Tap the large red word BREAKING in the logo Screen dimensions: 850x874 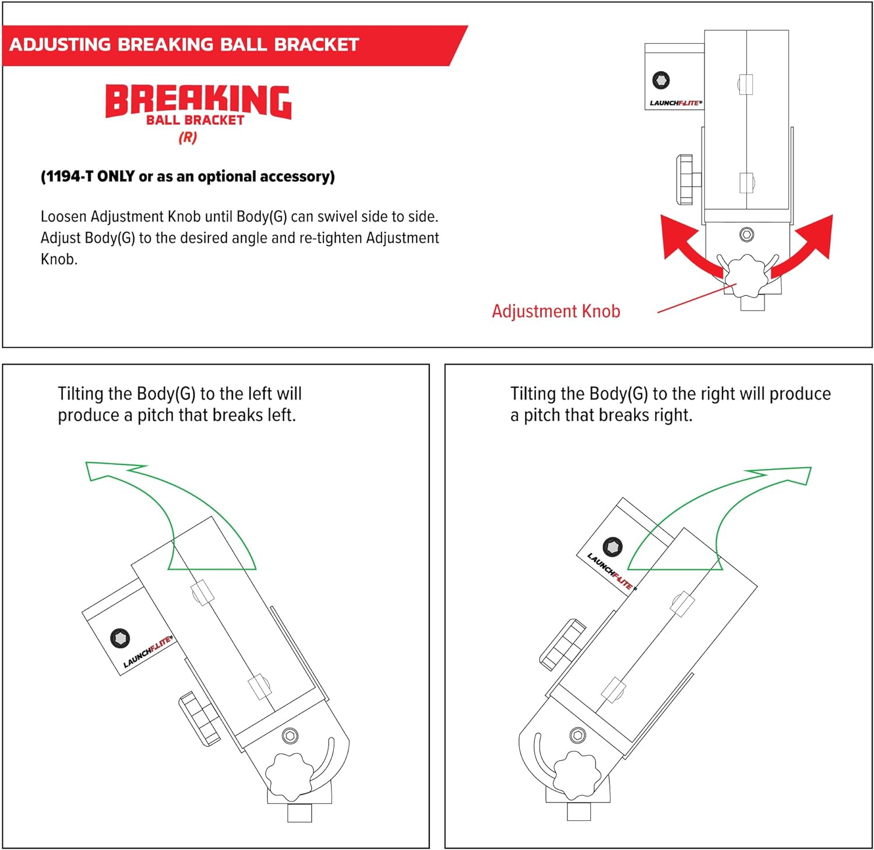point(198,101)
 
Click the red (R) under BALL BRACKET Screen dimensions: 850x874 point(188,137)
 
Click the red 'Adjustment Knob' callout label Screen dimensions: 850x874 point(556,311)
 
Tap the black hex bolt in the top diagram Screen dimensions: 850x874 point(661,80)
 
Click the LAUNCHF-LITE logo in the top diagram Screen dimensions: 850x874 point(675,103)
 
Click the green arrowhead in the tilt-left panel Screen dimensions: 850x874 point(111,470)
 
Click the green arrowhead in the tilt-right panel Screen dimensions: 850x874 point(787,474)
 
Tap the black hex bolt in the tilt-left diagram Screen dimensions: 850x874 point(120,638)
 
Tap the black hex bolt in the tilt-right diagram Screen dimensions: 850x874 point(612,546)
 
